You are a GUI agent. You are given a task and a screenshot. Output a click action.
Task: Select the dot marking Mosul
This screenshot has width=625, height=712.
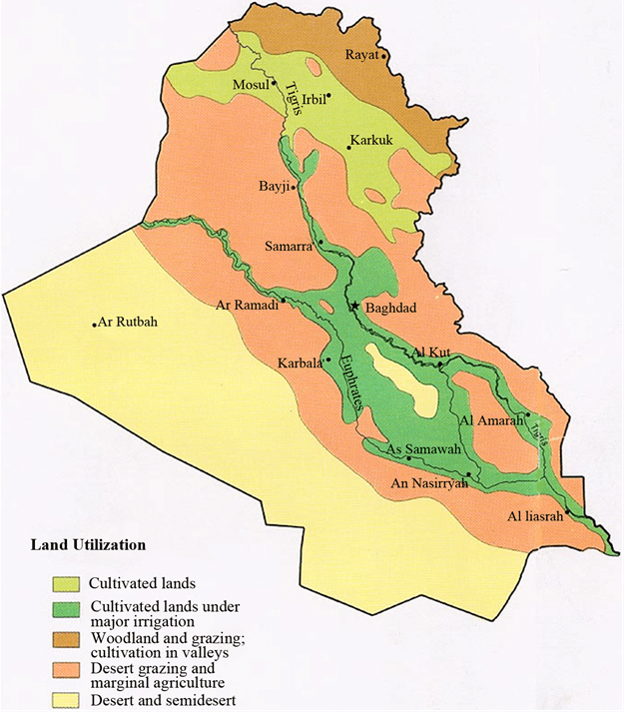pos(276,86)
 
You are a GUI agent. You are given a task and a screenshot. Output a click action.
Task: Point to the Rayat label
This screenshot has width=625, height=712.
pos(362,55)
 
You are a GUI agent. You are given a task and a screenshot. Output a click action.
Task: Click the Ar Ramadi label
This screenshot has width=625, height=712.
pos(247,306)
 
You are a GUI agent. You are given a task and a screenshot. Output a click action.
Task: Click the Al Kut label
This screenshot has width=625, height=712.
pos(431,353)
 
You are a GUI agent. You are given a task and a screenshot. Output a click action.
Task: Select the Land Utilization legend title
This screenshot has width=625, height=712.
pos(88,545)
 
